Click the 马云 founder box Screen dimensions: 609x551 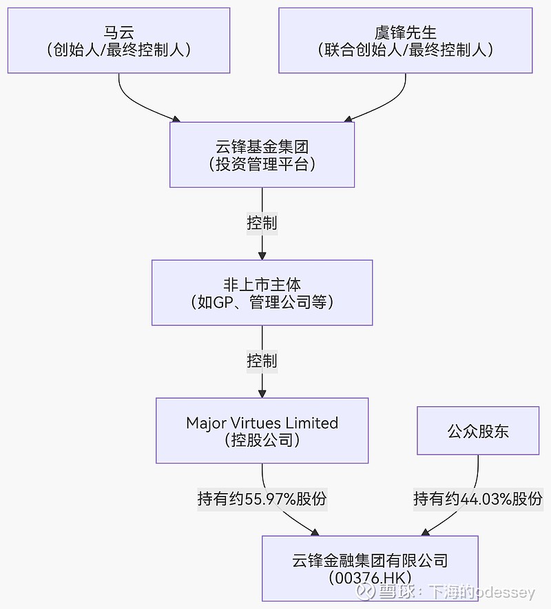118,40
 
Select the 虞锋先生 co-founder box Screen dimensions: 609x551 405,40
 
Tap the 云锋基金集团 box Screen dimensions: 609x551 262,154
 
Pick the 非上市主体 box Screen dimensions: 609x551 262,292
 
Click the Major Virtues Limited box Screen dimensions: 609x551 262,430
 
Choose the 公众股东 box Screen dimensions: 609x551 478,431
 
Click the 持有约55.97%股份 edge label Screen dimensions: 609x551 262,499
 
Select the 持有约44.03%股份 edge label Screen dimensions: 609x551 478,499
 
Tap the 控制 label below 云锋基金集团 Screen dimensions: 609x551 262,223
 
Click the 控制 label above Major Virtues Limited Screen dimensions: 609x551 262,361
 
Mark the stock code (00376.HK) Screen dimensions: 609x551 370,577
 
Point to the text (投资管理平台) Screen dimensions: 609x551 262,164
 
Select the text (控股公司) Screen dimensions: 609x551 262,440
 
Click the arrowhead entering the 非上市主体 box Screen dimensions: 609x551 262,255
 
